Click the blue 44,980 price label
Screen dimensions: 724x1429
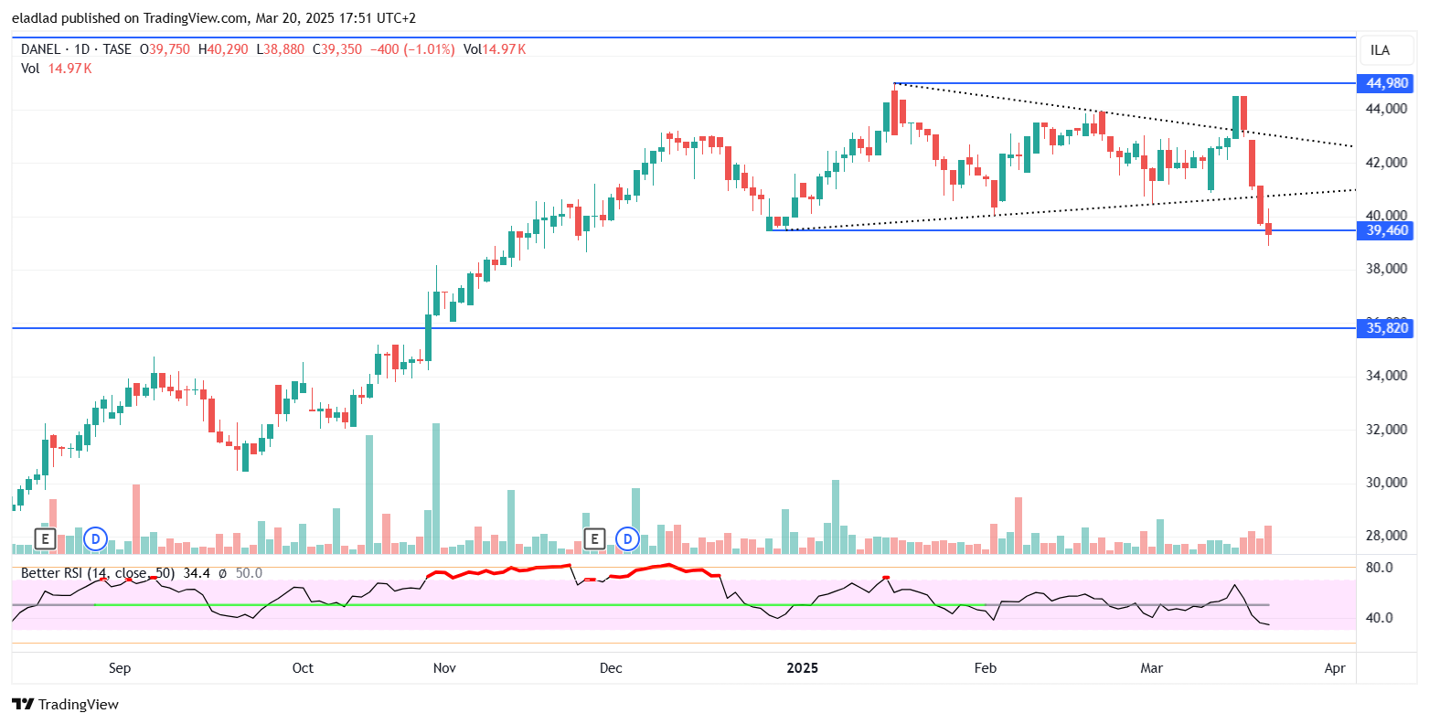1386,83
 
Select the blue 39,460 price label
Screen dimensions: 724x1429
1386,230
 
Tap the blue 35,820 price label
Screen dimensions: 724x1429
1386,327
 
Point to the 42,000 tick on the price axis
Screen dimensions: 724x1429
1386,163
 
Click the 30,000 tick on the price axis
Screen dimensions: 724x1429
1386,483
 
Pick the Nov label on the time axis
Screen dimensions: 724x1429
444,668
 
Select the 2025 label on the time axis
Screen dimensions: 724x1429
803,668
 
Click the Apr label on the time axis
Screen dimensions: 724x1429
1335,668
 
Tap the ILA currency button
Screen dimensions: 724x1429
1381,50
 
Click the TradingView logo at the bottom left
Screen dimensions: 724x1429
65,704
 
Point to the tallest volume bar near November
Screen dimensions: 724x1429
436,488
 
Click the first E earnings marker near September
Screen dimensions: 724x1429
45,538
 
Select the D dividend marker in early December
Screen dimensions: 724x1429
628,538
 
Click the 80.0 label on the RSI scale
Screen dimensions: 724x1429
1379,568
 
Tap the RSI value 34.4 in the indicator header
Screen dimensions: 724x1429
197,573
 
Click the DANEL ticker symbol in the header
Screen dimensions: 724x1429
40,49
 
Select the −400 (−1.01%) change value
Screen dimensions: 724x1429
411,49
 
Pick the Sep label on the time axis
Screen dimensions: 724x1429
120,668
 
